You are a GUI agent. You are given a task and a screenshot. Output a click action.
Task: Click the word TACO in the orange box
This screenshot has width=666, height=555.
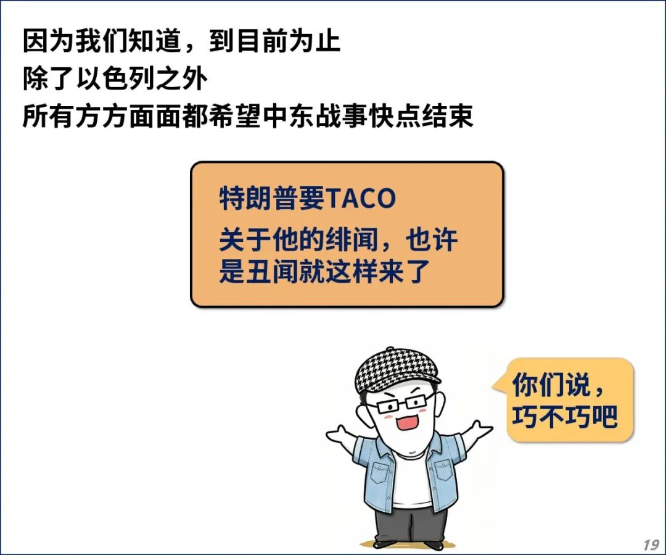361,198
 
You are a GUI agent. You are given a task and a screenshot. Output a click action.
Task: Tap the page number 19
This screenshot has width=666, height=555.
651,545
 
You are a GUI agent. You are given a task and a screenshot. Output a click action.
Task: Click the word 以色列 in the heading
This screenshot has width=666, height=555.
115,79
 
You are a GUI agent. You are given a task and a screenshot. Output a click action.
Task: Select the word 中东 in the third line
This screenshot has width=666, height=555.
288,116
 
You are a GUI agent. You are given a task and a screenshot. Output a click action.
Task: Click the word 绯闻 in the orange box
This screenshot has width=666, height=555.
351,240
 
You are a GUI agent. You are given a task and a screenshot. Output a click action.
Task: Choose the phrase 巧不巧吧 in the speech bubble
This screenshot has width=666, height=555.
564,416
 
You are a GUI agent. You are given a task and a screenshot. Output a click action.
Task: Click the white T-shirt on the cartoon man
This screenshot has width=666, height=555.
411,478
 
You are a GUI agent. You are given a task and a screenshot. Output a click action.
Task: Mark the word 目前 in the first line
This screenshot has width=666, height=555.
249,41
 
